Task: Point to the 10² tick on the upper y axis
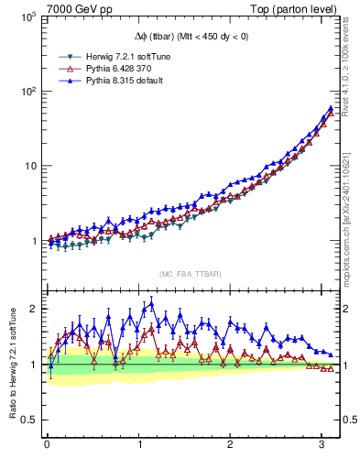pyautogui.click(x=29, y=92)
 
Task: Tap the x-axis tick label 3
pyautogui.click(x=322, y=446)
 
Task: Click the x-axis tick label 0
pyautogui.click(x=47, y=446)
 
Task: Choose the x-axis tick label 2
pyautogui.click(x=230, y=446)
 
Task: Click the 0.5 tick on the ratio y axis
pyautogui.click(x=29, y=420)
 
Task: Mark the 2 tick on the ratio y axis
pyautogui.click(x=34, y=309)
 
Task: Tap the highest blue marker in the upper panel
pyautogui.click(x=330, y=108)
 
